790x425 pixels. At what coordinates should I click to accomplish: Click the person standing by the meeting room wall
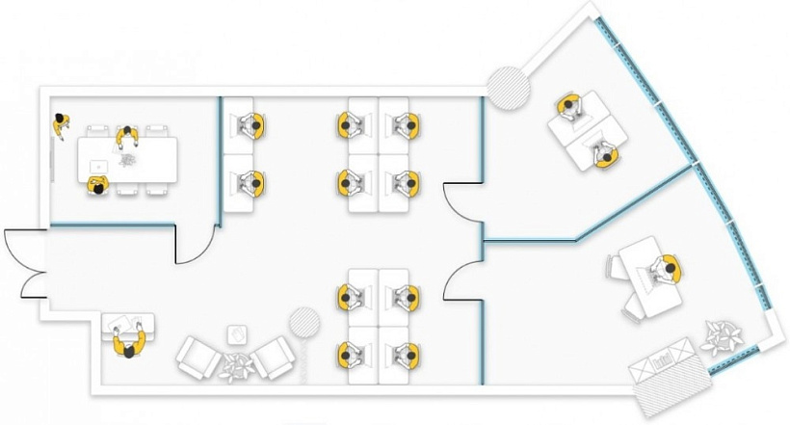(x=62, y=124)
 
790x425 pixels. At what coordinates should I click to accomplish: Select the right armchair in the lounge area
(x=274, y=359)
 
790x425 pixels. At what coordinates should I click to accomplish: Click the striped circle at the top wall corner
(x=508, y=87)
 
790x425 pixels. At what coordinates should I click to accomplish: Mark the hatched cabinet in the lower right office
(x=664, y=369)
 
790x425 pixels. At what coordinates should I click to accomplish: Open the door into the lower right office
(x=462, y=281)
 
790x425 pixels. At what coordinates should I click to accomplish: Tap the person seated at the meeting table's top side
(x=125, y=137)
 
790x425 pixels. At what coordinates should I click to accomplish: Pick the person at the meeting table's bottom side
(x=97, y=186)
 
